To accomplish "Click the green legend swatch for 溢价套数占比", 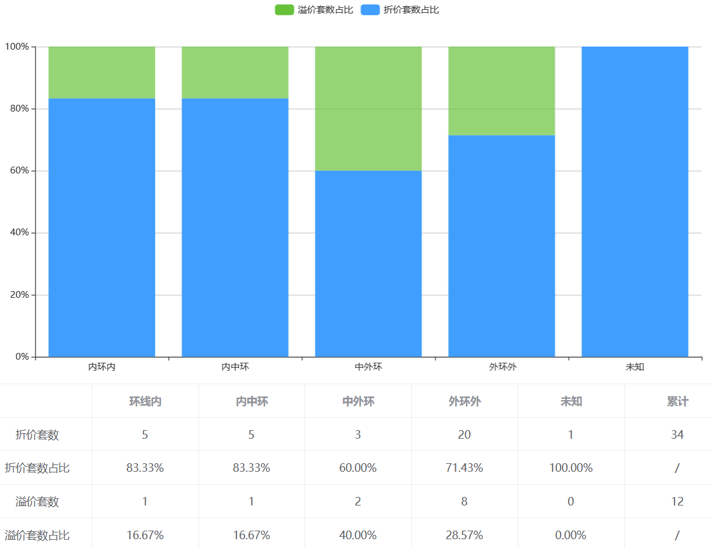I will tap(284, 10).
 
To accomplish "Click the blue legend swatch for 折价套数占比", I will tap(370, 10).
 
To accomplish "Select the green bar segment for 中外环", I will tap(368, 108).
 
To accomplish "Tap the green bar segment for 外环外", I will tap(501, 91).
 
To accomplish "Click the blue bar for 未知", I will tap(635, 202).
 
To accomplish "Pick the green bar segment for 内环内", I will tap(102, 72).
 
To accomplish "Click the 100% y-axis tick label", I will tap(17, 47).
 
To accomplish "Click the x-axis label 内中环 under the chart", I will tap(235, 368).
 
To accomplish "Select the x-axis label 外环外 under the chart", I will tap(502, 368).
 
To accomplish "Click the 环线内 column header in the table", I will tap(145, 402).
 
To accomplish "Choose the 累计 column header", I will tap(677, 402).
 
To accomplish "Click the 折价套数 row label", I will tap(37, 435).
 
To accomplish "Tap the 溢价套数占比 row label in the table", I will tap(37, 535).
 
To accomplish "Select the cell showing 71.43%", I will tap(464, 468).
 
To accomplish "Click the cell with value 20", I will tap(464, 435).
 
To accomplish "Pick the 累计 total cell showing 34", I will tap(677, 435).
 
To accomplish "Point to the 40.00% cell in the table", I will tap(358, 535).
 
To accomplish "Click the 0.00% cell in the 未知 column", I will tap(571, 535).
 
